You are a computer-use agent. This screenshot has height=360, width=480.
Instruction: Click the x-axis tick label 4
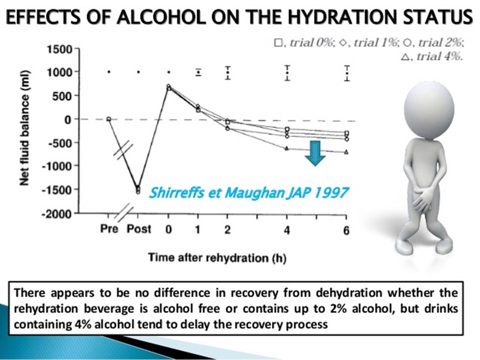[x=287, y=230]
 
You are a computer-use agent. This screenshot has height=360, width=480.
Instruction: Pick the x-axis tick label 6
[x=346, y=230]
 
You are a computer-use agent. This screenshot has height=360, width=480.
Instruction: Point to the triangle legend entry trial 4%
[x=432, y=56]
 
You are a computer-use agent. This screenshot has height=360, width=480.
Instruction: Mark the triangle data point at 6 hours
[x=346, y=152]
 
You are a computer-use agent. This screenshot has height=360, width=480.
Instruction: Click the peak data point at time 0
[x=168, y=86]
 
